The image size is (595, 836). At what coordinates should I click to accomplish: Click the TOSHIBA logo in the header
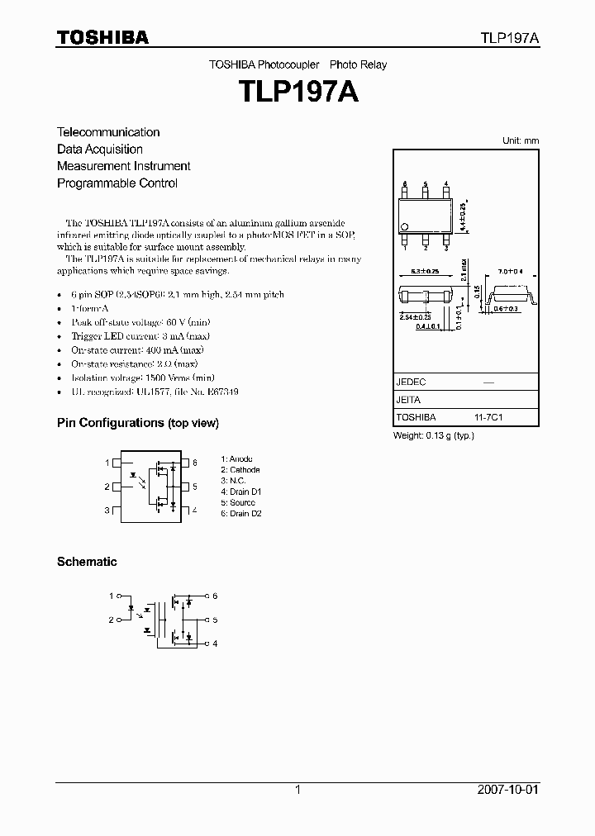coord(102,37)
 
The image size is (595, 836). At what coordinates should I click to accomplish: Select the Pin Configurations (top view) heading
coord(137,423)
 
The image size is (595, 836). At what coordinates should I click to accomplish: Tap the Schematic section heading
coord(87,562)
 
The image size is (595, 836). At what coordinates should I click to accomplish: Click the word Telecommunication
coord(108,132)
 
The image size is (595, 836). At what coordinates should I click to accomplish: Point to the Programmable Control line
coord(117,183)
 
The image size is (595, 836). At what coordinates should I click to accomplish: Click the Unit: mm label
coord(521,141)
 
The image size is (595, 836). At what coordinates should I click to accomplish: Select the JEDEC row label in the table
coord(411,382)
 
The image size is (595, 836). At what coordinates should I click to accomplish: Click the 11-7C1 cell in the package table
coord(488,418)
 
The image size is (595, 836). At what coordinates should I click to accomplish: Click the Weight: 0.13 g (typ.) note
coord(433,435)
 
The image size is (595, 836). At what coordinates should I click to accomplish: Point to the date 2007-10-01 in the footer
coord(507,790)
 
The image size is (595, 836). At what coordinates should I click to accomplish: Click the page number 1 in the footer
coord(297,790)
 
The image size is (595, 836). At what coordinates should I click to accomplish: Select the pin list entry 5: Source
coord(238,502)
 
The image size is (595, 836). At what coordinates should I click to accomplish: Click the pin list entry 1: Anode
coord(237,458)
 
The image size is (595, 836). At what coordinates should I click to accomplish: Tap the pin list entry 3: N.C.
coord(233,481)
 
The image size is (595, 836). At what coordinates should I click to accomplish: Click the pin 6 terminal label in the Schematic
coord(215,596)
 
